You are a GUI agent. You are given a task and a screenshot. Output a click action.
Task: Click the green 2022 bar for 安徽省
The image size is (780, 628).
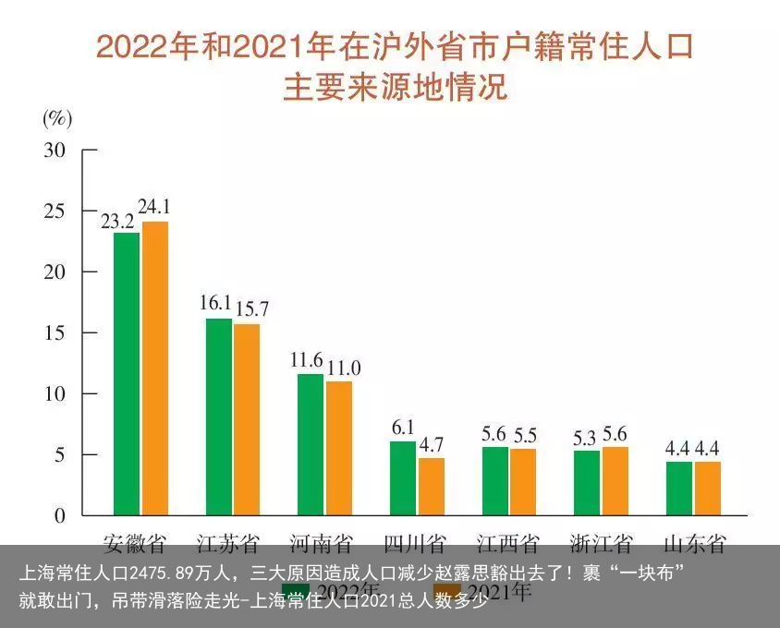[x=127, y=373]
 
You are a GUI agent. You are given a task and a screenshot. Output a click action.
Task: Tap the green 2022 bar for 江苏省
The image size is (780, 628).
[x=219, y=417]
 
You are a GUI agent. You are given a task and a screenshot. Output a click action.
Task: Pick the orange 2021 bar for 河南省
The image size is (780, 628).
[x=339, y=448]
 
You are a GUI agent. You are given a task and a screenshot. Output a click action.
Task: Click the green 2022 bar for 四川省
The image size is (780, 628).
[x=402, y=477]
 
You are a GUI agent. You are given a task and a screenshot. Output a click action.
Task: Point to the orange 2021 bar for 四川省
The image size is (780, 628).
[x=431, y=486]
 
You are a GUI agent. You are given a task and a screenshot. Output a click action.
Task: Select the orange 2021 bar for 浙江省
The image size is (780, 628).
[x=615, y=480]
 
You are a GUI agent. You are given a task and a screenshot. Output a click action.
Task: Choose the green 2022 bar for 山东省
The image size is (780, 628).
[x=678, y=488]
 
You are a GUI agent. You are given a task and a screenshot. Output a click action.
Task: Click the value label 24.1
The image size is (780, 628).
[x=154, y=207]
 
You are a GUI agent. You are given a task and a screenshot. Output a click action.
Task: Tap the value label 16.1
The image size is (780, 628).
[x=216, y=303]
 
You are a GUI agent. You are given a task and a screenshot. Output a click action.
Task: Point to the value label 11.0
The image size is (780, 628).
[x=343, y=368]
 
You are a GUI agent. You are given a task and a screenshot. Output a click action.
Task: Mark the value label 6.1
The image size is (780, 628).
[x=403, y=427]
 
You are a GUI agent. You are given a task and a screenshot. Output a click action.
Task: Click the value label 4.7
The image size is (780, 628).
[x=432, y=444]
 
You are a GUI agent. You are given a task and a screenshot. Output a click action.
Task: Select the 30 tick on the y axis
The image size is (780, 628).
[x=55, y=150]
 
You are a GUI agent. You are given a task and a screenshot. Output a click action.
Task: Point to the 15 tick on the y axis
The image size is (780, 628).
[x=55, y=332]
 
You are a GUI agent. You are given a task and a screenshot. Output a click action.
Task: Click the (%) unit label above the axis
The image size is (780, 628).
[x=57, y=118]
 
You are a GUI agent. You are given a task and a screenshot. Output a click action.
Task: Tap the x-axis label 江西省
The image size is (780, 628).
[x=507, y=542]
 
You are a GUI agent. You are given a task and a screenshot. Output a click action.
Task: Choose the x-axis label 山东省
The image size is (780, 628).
[x=694, y=542]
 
